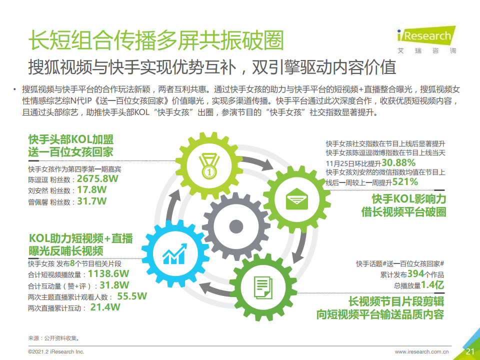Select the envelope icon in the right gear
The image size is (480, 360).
(x=296, y=199)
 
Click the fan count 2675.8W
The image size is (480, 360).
(x=97, y=179)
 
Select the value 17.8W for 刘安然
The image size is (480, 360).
(x=91, y=190)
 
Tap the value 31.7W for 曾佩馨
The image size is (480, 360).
(x=91, y=201)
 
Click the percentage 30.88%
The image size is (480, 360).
(x=398, y=162)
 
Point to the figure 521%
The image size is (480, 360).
(x=405, y=182)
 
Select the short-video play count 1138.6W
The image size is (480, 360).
(x=108, y=273)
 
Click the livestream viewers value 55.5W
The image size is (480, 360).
(x=132, y=296)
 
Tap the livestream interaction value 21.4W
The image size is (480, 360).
(x=105, y=307)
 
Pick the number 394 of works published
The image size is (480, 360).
(x=415, y=273)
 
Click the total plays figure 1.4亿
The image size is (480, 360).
(x=432, y=285)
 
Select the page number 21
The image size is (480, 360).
(x=470, y=351)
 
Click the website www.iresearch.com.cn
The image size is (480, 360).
(x=422, y=351)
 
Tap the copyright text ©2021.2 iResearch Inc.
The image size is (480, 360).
(x=56, y=351)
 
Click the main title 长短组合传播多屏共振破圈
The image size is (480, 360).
(x=156, y=40)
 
